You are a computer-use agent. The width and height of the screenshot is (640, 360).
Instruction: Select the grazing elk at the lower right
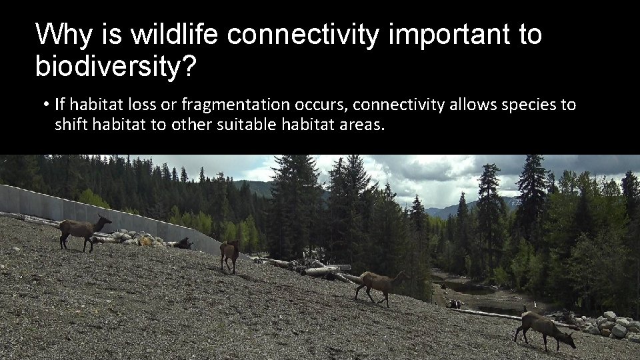point(543,327)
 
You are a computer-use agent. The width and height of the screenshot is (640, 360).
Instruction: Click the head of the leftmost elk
point(104,219)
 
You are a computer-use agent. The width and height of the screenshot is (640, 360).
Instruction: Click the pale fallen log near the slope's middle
point(327,269)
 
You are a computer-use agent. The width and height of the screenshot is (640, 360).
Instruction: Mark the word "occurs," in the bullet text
point(318,105)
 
